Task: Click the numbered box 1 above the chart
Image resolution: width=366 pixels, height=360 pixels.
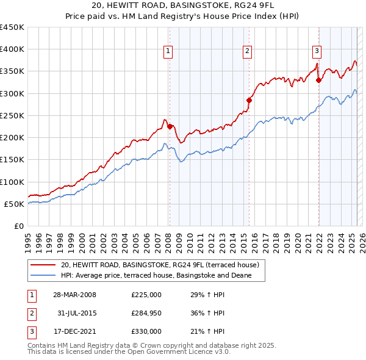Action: pos(168,51)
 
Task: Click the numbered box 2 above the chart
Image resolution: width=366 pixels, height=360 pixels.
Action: pos(248,51)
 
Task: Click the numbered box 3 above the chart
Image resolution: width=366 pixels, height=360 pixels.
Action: pos(317,51)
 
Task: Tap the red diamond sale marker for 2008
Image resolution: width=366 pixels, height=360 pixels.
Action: pos(170,126)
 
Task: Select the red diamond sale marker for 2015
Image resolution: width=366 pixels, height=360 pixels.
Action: pos(249,100)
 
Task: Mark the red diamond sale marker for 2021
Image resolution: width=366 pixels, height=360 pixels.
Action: pos(318,80)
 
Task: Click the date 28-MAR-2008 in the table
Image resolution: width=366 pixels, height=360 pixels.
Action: pos(75,295)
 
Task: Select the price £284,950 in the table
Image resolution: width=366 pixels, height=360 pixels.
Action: pos(146,313)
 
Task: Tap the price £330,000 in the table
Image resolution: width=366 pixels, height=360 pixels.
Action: pos(146,331)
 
